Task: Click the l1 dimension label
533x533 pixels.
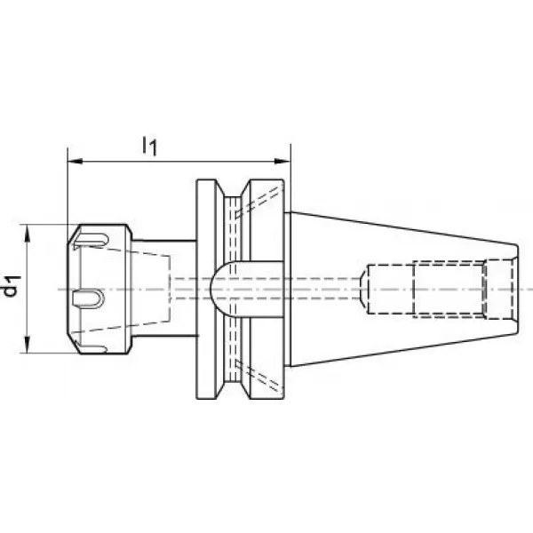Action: click(149, 146)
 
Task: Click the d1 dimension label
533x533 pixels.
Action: click(11, 287)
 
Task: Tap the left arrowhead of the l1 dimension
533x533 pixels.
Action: click(76, 161)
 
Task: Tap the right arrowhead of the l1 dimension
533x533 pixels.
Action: click(283, 161)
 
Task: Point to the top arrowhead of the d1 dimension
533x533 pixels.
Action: click(28, 233)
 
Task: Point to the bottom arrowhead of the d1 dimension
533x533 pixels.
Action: click(28, 344)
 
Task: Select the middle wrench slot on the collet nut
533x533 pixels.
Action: click(87, 298)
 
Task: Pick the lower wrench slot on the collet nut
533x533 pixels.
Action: click(91, 347)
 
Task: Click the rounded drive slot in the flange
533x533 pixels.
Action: click(247, 290)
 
